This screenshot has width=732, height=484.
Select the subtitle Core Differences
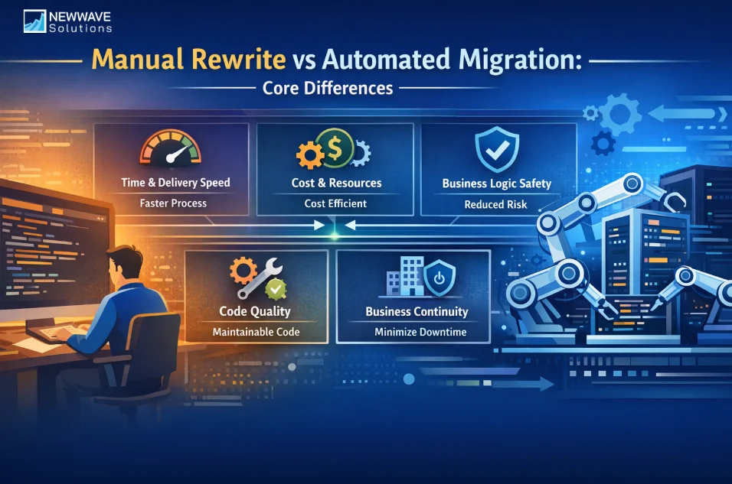(x=328, y=88)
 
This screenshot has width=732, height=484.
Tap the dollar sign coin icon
(x=335, y=145)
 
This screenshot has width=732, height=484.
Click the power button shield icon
(x=440, y=278)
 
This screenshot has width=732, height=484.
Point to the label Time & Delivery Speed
(x=175, y=183)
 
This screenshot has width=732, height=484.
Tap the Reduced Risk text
(x=495, y=204)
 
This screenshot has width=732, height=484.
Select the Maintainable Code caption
(x=256, y=332)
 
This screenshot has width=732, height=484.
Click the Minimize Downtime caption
(x=416, y=332)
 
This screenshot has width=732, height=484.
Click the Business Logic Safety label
(x=496, y=184)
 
